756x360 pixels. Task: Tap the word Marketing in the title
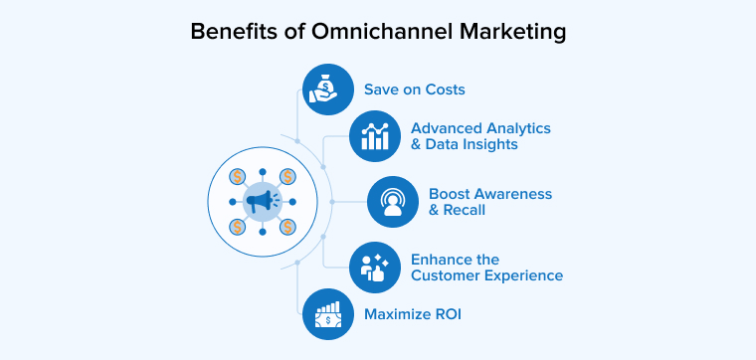(x=515, y=32)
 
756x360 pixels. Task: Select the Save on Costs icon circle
(x=327, y=89)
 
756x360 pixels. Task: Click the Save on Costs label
(x=414, y=90)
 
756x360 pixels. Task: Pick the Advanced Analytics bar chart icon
(x=374, y=136)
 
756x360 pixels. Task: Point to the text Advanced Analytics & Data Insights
(x=480, y=136)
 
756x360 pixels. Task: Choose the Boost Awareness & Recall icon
(x=392, y=202)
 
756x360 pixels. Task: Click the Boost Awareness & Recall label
(x=489, y=202)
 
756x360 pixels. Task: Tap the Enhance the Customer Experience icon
(x=374, y=268)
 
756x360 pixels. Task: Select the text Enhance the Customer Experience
(x=486, y=268)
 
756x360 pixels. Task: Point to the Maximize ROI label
(x=412, y=315)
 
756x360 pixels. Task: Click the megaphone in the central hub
(x=262, y=202)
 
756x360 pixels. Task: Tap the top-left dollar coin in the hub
(x=237, y=177)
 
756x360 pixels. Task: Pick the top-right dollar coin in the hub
(x=287, y=177)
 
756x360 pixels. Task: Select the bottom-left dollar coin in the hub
(x=237, y=227)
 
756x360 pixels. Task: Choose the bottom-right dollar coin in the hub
(x=287, y=227)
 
